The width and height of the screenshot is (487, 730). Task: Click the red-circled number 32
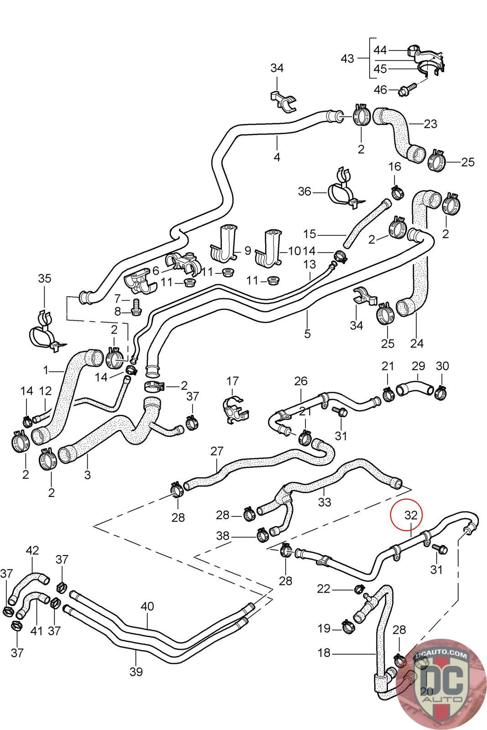point(411,515)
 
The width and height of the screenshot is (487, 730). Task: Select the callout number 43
point(347,58)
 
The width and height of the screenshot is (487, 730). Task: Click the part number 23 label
point(430,124)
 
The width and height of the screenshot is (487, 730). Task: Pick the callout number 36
point(304,192)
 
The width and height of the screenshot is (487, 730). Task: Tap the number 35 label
point(45,278)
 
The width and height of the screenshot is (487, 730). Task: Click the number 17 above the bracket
point(232,381)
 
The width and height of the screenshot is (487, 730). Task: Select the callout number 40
point(147,606)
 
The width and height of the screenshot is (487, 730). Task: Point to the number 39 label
point(136,671)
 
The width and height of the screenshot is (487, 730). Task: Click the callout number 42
point(32,550)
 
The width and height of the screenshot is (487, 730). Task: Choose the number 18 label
point(324,653)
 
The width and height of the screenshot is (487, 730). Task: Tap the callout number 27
point(217,451)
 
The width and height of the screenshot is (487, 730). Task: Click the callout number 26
point(301,381)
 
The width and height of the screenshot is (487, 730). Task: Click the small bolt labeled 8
point(136,311)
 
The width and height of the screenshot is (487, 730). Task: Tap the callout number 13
point(309,264)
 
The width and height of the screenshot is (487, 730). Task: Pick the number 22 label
point(324,589)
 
